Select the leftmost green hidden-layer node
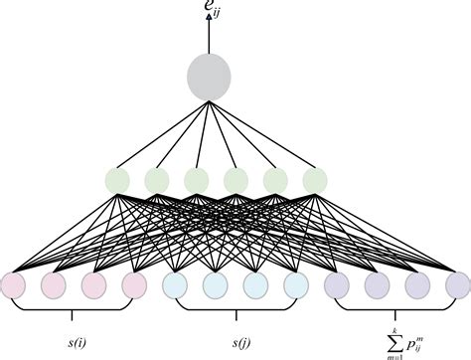point(117,181)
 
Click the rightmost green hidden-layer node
point(314,181)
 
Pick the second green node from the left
point(156,181)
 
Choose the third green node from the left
point(196,181)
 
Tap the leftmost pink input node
point(13,286)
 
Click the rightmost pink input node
point(134,286)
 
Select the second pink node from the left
point(54,286)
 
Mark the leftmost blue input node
point(175,286)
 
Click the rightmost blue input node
point(295,286)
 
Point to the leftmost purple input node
point(336,286)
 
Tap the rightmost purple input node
point(456,286)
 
